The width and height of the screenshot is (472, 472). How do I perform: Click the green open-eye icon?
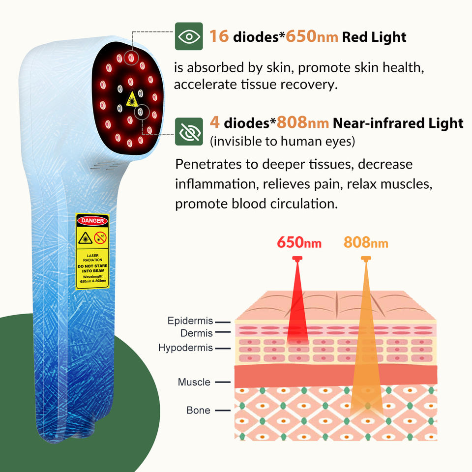click(189, 36)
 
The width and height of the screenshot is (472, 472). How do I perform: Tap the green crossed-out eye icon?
click(189, 132)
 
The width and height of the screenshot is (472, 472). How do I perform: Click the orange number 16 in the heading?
click(219, 36)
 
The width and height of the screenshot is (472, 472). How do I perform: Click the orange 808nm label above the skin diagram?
click(366, 242)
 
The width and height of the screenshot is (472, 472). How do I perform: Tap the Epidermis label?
click(190, 321)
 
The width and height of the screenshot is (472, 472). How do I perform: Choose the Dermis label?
click(197, 333)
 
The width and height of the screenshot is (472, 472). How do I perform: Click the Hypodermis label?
click(185, 348)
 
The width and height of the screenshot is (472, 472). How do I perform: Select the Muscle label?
click(194, 382)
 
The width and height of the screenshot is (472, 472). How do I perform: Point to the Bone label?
click(198, 410)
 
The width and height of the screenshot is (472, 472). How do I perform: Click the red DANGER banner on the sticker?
click(92, 221)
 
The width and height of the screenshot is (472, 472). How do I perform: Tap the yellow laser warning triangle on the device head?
click(131, 100)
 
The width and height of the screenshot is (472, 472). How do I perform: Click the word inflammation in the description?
click(216, 184)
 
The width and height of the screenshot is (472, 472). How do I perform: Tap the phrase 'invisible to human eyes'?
click(282, 142)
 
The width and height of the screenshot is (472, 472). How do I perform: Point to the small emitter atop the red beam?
click(297, 258)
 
